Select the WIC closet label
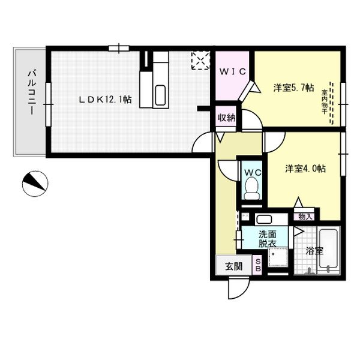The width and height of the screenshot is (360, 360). (232, 71)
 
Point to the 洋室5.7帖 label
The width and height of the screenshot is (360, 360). (293, 88)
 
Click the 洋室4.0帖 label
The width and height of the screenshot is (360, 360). (305, 169)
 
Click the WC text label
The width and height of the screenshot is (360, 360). (251, 172)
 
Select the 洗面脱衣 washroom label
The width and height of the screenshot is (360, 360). (268, 238)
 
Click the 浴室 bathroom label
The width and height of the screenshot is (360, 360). (314, 251)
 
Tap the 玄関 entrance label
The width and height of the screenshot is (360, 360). (233, 266)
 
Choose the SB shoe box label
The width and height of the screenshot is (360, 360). (258, 265)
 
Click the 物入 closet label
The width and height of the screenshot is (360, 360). (305, 216)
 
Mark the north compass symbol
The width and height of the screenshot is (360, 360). (34, 183)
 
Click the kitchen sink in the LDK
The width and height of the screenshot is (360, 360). (160, 95)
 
